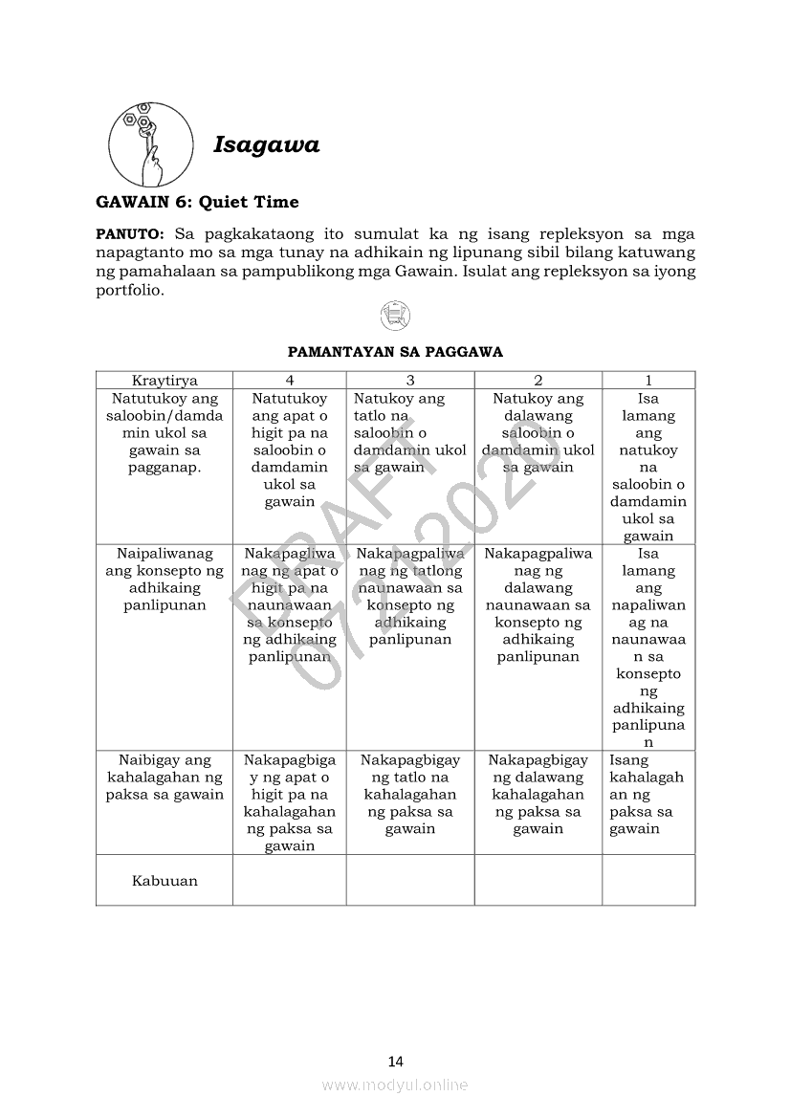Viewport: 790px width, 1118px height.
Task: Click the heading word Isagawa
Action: click(x=266, y=145)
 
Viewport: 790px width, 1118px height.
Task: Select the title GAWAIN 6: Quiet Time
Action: click(x=197, y=202)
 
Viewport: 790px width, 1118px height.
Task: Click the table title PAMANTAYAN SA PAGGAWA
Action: click(x=395, y=352)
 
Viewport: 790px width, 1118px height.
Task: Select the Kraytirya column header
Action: click(x=165, y=380)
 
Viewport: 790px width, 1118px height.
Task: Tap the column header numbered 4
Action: click(x=289, y=380)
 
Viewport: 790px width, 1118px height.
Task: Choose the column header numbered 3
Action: click(x=409, y=380)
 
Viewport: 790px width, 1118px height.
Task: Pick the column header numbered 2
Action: click(x=538, y=380)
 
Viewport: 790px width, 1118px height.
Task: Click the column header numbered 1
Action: click(x=647, y=380)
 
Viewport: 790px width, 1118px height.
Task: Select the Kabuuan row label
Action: click(x=165, y=881)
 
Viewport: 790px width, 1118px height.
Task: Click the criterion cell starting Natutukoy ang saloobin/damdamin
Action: click(x=165, y=433)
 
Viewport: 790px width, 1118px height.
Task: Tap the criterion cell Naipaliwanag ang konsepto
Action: click(x=165, y=580)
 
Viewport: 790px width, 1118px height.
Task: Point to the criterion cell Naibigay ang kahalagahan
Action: click(x=165, y=777)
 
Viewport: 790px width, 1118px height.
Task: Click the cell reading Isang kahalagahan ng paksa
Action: click(x=647, y=794)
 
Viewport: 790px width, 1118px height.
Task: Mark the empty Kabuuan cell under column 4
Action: click(x=289, y=880)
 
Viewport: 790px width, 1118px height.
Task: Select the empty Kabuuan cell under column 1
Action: click(x=647, y=880)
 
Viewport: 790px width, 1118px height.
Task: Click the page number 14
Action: click(x=396, y=1061)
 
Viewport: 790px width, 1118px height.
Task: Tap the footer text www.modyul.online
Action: click(x=395, y=1085)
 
